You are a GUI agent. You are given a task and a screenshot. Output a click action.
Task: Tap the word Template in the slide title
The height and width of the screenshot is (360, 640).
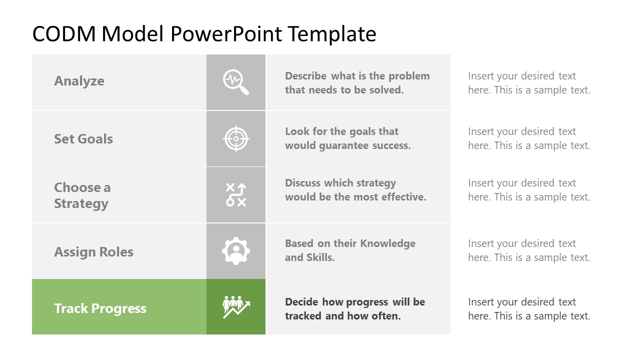click(x=332, y=34)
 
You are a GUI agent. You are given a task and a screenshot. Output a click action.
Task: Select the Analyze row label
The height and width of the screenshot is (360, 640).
click(x=79, y=81)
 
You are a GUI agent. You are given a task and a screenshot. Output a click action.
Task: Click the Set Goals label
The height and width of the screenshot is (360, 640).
click(x=83, y=139)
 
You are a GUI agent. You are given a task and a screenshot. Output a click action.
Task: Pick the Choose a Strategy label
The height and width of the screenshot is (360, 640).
click(x=82, y=195)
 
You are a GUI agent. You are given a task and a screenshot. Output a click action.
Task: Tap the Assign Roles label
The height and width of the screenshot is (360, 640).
click(x=93, y=252)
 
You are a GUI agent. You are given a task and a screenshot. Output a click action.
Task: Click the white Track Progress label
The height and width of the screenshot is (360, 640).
click(x=100, y=308)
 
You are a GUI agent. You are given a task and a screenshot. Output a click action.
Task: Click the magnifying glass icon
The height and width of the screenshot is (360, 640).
click(x=235, y=82)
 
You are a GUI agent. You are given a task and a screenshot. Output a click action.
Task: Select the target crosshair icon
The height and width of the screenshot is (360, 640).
click(x=235, y=139)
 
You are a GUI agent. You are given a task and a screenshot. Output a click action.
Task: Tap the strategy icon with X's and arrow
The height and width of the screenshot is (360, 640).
click(x=235, y=195)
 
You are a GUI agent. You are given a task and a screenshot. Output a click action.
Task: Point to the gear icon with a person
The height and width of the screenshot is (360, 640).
click(x=235, y=251)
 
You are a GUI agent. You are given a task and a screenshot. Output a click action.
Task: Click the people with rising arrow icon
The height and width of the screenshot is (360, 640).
click(x=235, y=307)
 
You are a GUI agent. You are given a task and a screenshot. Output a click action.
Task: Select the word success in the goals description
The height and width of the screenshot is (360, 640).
click(x=391, y=145)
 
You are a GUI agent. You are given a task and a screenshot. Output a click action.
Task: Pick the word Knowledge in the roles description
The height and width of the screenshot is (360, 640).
click(x=388, y=243)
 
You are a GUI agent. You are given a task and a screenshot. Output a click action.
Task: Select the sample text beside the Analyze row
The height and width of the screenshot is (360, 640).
click(x=529, y=83)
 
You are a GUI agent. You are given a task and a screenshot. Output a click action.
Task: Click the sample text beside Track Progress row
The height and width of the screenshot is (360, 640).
click(x=529, y=309)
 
